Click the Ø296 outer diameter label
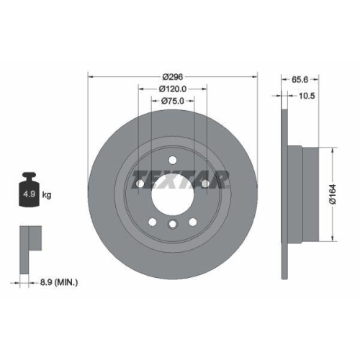(x=172, y=76)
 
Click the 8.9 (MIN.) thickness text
(x=58, y=283)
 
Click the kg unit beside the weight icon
(x=48, y=194)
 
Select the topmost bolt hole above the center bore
(x=172, y=161)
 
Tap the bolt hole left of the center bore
(x=138, y=185)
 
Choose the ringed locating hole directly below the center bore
(x=172, y=225)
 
